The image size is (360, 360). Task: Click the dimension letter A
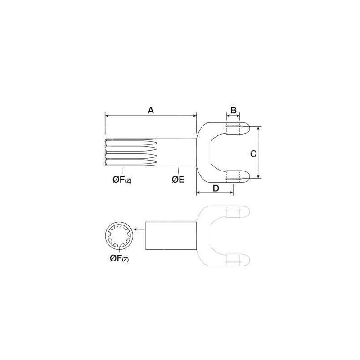coord(151,110)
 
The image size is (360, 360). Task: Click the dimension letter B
coord(233,110)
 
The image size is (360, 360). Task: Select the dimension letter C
coord(253,154)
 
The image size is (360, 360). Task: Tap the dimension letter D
coord(216,188)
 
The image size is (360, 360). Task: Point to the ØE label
coord(178,179)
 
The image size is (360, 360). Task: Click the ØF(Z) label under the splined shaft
coord(122,180)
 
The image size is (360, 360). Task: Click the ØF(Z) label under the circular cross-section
coord(119,258)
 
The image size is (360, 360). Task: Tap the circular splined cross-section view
coord(118,236)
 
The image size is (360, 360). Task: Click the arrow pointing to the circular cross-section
coord(139,229)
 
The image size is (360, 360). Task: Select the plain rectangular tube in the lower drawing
coord(171,236)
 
